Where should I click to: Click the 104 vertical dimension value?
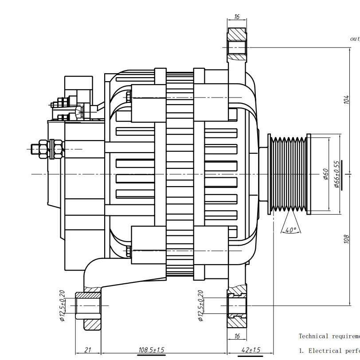(x=346, y=100)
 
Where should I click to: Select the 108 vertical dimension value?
(x=346, y=239)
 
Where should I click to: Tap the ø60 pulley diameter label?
(x=326, y=173)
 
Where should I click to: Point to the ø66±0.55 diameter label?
(x=338, y=174)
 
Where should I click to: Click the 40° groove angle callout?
(x=290, y=230)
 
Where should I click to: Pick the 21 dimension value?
(x=88, y=350)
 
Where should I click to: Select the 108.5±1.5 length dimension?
(x=151, y=350)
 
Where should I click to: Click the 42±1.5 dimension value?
(x=250, y=350)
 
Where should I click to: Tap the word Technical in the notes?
(x=313, y=337)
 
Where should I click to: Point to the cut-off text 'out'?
(x=355, y=39)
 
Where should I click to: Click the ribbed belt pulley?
(x=289, y=174)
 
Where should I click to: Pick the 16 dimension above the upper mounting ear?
(x=236, y=17)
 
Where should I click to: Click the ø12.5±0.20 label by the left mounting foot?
(x=62, y=305)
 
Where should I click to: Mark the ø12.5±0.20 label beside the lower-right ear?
(x=200, y=305)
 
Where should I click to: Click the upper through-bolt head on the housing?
(x=129, y=97)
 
